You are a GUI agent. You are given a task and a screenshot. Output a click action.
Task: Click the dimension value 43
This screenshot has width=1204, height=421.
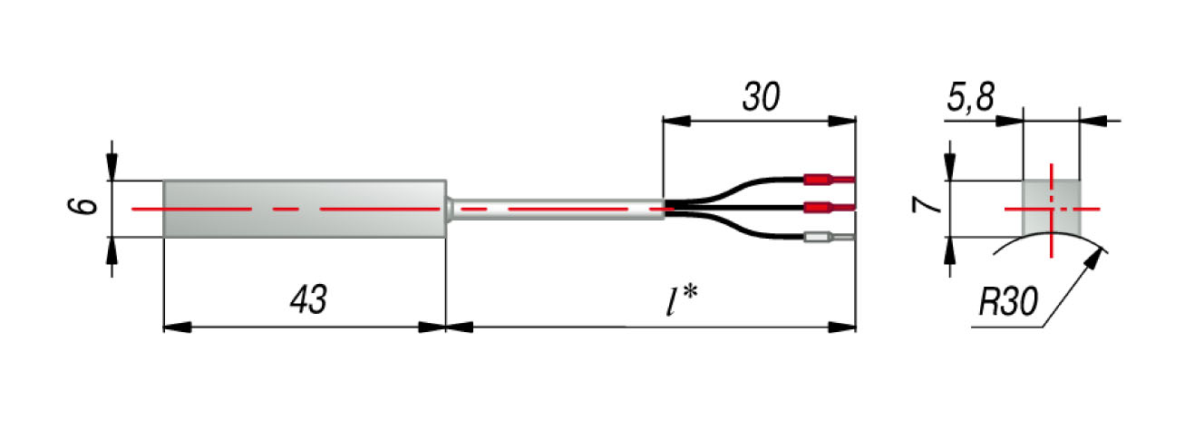click(x=307, y=300)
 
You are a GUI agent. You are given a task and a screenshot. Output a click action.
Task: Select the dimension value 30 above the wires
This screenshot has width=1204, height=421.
click(x=762, y=97)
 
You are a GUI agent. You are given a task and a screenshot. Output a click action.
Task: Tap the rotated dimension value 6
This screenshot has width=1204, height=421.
click(x=83, y=207)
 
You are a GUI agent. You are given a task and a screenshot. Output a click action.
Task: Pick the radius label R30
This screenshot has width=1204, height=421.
click(x=1008, y=303)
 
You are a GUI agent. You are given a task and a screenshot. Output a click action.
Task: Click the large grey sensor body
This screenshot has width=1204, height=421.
click(x=304, y=209)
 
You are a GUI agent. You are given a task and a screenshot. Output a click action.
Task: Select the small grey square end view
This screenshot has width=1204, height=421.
click(x=1052, y=207)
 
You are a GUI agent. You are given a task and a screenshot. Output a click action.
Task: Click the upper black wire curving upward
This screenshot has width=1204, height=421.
click(x=734, y=186)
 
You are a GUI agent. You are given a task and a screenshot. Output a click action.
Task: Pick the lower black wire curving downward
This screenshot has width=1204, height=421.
click(x=734, y=230)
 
